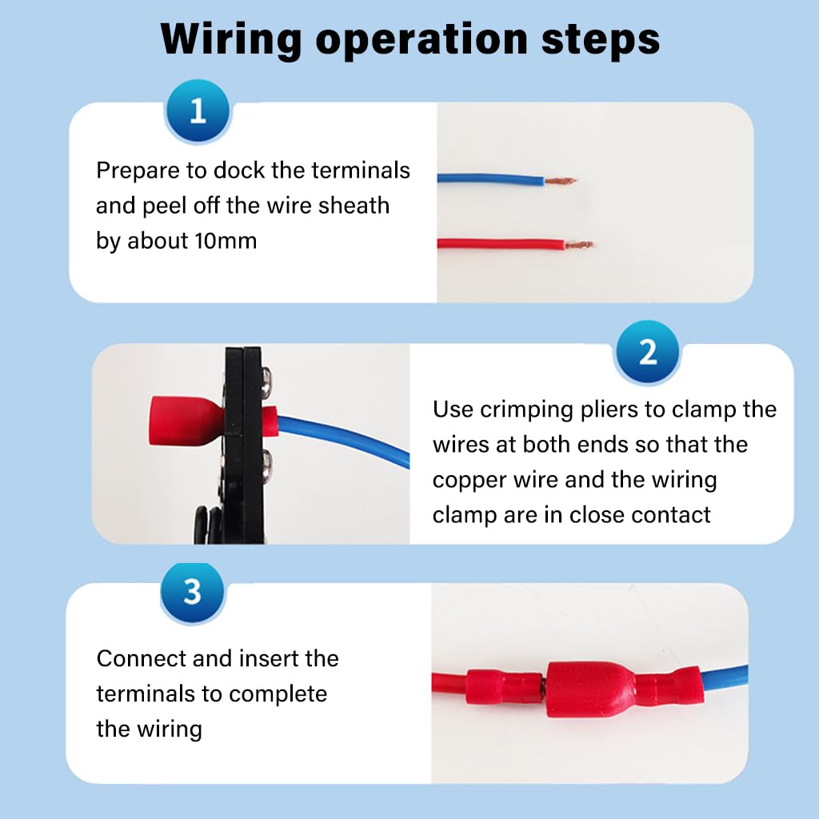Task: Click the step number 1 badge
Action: click(x=198, y=110)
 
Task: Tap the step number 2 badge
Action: click(x=647, y=352)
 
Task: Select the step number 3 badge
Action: click(x=192, y=593)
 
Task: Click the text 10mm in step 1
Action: click(x=226, y=241)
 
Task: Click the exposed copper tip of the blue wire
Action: click(x=560, y=182)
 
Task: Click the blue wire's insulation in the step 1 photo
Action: click(x=488, y=179)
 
